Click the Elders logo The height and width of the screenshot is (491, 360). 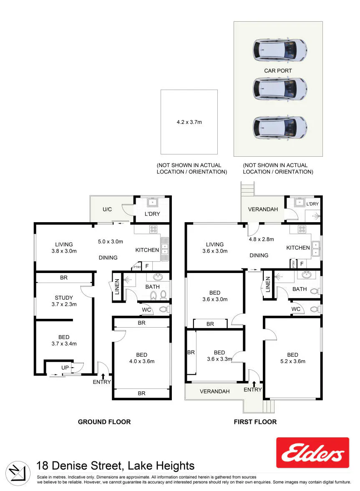click(x=312, y=453)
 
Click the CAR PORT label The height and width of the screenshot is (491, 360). click(x=278, y=71)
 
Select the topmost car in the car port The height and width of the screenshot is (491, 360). click(x=280, y=50)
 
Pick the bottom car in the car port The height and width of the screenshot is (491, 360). click(x=280, y=127)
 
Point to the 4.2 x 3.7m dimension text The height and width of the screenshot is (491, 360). click(x=189, y=122)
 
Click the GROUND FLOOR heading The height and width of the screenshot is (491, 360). click(x=104, y=422)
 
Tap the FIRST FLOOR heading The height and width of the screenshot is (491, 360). click(x=255, y=422)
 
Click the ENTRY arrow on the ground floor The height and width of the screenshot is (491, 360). click(x=103, y=376)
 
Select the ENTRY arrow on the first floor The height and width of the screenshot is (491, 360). click(x=254, y=384)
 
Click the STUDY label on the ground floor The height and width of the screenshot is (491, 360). click(x=64, y=298)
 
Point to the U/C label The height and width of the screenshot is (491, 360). click(x=107, y=209)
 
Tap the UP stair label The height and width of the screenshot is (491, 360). click(x=65, y=368)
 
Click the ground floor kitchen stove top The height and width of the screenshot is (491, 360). click(x=153, y=229)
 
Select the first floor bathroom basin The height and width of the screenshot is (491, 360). click(x=307, y=275)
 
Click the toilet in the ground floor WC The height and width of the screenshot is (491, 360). click(x=164, y=309)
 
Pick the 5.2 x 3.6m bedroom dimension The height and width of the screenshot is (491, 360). click(x=293, y=361)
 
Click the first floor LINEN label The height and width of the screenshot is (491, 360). click(x=268, y=284)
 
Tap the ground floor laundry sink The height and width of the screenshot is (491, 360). click(x=153, y=202)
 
